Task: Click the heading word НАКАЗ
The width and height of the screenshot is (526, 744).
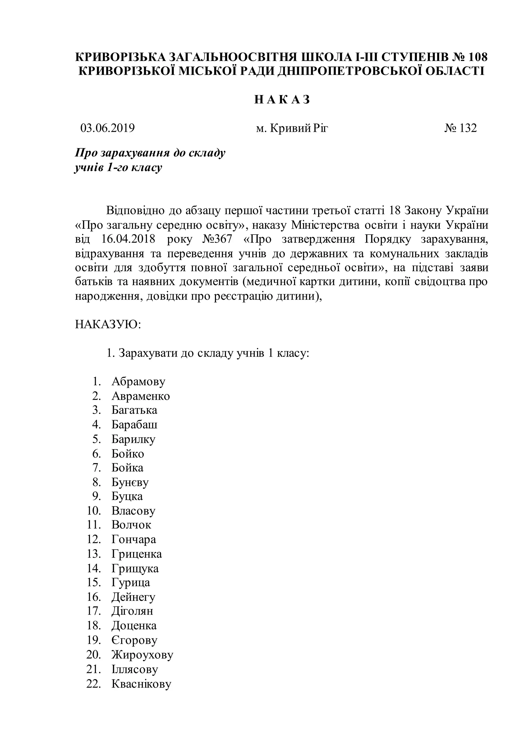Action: click(282, 100)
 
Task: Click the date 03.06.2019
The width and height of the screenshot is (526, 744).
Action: click(108, 128)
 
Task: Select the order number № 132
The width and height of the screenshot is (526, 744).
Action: click(460, 128)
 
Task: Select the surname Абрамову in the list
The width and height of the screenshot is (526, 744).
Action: click(138, 382)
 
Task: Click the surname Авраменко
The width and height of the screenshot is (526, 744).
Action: click(140, 396)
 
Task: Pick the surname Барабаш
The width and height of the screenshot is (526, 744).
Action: click(134, 424)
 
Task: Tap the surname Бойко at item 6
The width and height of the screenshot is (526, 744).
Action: click(128, 453)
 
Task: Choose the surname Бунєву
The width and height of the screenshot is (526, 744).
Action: click(130, 482)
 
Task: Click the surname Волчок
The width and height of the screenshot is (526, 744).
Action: click(131, 525)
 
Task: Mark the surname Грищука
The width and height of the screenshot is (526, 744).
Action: click(135, 568)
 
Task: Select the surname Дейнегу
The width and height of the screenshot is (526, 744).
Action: click(134, 597)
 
